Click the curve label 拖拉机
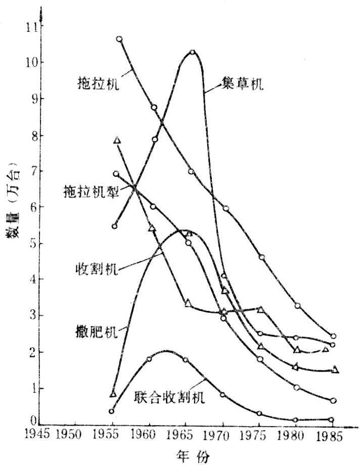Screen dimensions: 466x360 99,82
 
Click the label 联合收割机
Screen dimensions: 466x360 169,398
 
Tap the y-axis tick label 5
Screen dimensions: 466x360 32,244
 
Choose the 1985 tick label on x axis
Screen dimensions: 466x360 332,435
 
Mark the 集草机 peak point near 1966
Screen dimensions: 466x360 193,52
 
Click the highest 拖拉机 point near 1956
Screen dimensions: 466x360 119,39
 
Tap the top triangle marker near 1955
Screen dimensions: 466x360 117,140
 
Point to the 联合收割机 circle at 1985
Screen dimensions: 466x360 331,420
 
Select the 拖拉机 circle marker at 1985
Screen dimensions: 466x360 333,336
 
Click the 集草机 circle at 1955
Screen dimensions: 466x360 115,226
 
